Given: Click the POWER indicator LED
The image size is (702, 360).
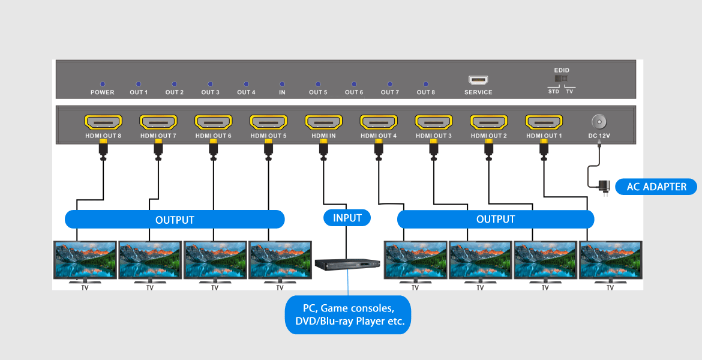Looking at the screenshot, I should pos(103,85).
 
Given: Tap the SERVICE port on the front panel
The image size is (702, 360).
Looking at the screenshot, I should pos(478,80).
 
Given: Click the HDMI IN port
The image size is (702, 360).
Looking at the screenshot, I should pos(323,122).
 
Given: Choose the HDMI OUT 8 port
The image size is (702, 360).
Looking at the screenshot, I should pos(103,122).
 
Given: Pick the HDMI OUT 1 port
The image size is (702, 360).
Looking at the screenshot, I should pos(544,122).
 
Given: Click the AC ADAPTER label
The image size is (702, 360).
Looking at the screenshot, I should pos(656,187).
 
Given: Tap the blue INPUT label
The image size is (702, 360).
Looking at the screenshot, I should pos(347,218).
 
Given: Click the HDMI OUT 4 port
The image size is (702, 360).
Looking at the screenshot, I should pos(379,122).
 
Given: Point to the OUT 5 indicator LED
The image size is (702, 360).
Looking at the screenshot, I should pos(318,85).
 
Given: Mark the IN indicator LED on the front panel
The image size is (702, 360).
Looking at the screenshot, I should pos(282,85).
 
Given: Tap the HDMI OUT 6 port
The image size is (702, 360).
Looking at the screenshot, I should pos(214,122).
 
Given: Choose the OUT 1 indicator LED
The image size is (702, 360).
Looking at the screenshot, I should pos(139,85).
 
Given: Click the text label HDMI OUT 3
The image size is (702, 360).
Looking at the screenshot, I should pos(434,136).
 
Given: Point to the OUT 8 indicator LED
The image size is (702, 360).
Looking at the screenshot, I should pos(426,85).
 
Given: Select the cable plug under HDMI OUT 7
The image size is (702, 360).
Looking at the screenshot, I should pos(158,150).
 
